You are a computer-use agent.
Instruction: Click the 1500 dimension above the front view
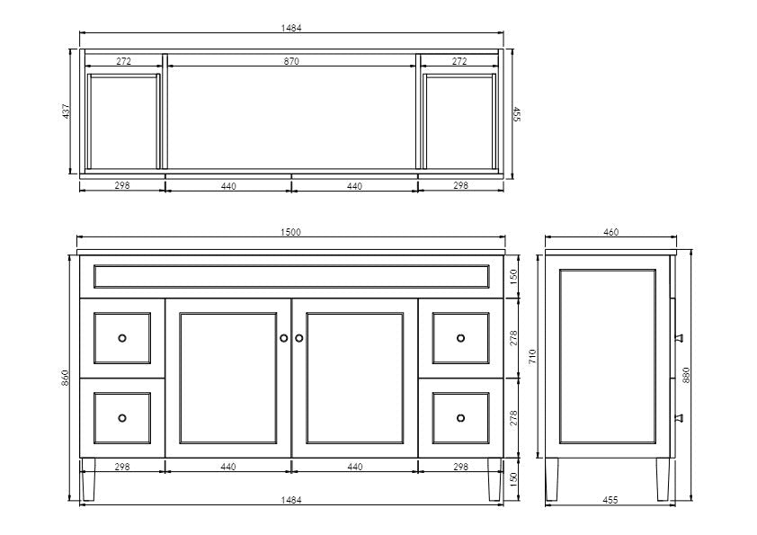click(x=290, y=232)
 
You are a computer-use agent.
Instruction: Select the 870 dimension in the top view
click(x=291, y=61)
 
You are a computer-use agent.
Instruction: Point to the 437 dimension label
click(x=67, y=111)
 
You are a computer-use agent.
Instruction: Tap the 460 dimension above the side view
click(x=610, y=232)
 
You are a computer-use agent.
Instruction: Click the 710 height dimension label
click(x=532, y=356)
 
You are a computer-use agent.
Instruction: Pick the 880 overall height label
click(x=686, y=375)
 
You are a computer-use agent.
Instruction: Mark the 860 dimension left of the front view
click(x=66, y=378)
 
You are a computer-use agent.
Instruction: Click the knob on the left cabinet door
click(x=284, y=338)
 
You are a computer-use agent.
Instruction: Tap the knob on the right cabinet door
click(x=298, y=338)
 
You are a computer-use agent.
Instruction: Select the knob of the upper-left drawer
click(x=122, y=338)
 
